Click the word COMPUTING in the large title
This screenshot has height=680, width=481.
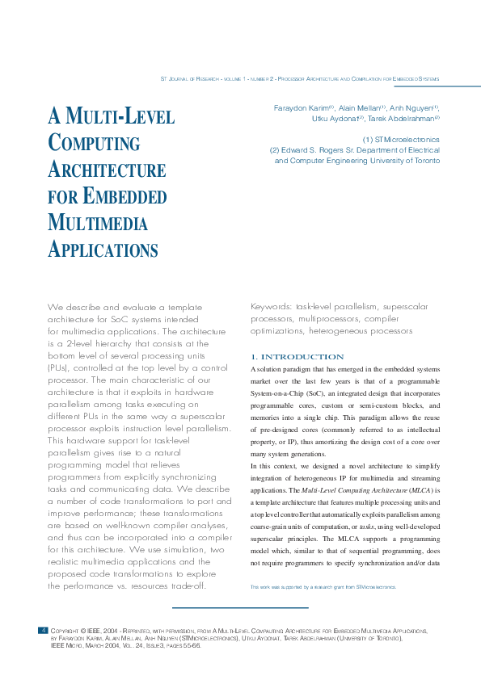pyautogui.click(x=94, y=144)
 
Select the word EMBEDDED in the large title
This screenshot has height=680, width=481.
pyautogui.click(x=119, y=196)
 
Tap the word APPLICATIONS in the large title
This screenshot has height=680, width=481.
pyautogui.click(x=103, y=249)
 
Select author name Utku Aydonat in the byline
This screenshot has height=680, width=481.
pyautogui.click(x=335, y=119)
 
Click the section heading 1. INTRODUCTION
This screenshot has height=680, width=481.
pyautogui.click(x=297, y=357)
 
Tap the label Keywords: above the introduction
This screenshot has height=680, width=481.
pyautogui.click(x=272, y=307)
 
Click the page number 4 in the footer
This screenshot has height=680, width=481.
pyautogui.click(x=43, y=629)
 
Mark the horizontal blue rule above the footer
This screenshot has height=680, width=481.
pyautogui.click(x=240, y=607)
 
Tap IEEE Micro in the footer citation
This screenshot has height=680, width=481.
pyautogui.click(x=69, y=646)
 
